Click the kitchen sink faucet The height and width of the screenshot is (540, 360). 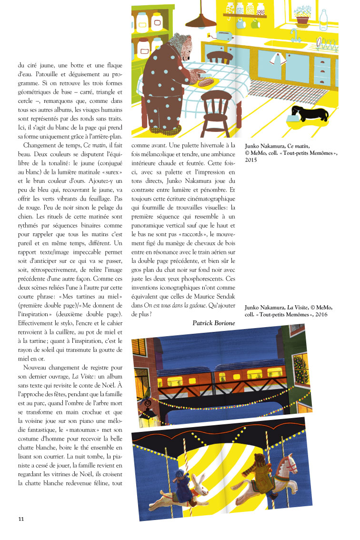pyautogui.click(x=296, y=34)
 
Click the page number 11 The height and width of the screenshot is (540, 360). pyautogui.click(x=21, y=518)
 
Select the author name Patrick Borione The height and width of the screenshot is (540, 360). pyautogui.click(x=213, y=323)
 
